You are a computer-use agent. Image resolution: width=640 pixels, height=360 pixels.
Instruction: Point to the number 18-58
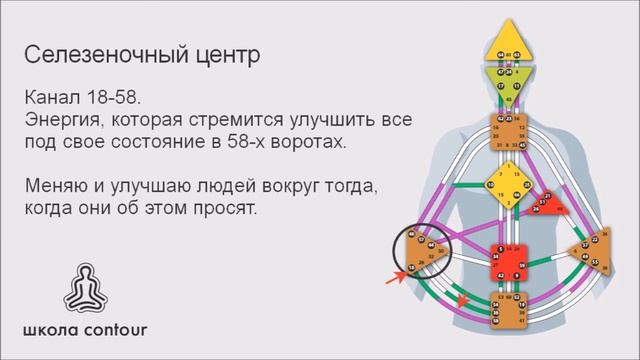(x=116, y=100)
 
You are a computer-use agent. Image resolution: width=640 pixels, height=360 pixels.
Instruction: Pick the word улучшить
(x=324, y=122)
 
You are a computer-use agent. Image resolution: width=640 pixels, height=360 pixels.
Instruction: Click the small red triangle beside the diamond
(x=546, y=206)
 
